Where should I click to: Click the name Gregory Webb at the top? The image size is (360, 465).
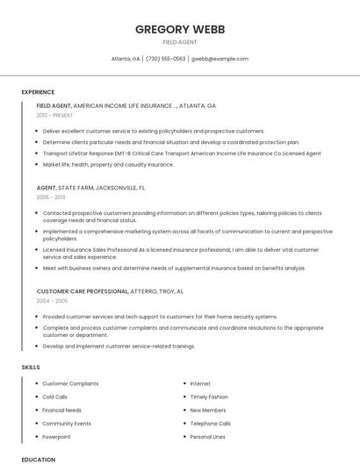point(180,29)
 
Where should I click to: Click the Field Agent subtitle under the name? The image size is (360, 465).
point(180,42)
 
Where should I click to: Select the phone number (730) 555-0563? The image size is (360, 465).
point(166,59)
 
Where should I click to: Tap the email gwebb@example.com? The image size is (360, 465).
point(220,59)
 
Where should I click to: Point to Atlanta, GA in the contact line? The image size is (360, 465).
point(126,59)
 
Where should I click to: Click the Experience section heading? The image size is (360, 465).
point(38,91)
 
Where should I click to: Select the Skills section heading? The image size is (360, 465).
point(31,367)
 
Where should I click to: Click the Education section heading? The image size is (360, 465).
point(39,459)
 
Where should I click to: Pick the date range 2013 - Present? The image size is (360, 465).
point(55,115)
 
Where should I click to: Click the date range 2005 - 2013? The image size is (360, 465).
point(50,197)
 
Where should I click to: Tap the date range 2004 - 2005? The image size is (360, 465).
point(50,300)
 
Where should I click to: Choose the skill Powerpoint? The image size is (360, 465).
point(56,436)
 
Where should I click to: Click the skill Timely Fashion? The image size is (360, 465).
point(209,397)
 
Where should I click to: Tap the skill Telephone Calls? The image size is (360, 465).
point(210,423)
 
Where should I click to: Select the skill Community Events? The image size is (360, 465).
point(67,423)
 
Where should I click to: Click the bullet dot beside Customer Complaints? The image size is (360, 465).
point(36,383)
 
